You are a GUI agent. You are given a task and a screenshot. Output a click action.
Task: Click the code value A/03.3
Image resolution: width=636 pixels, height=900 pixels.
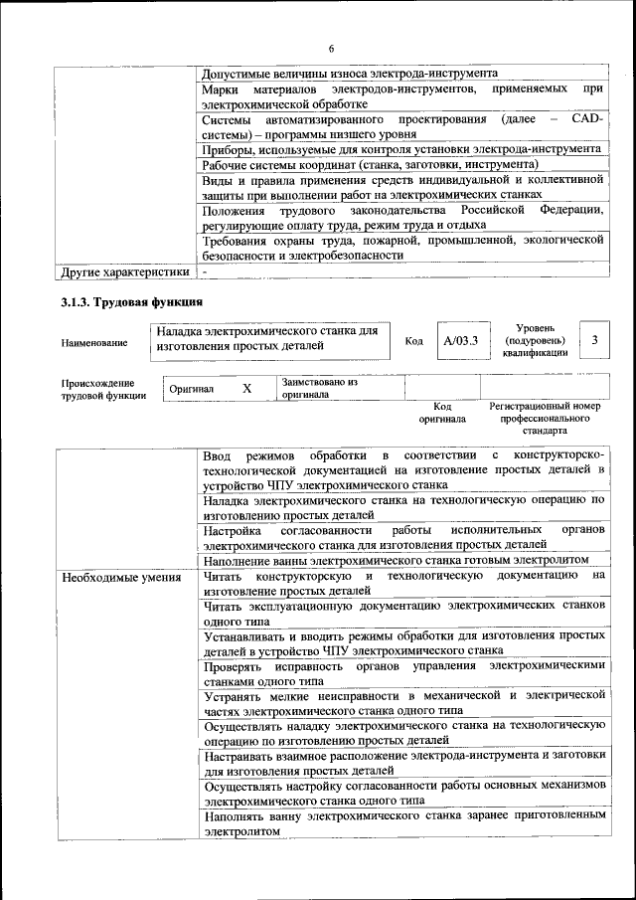point(461,341)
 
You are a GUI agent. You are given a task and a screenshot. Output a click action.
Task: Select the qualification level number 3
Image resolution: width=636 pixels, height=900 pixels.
point(593,341)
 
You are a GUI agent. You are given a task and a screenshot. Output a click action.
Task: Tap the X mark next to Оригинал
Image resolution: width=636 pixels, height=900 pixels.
point(247,388)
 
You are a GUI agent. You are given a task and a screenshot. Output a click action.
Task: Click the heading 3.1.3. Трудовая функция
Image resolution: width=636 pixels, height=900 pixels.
point(132,302)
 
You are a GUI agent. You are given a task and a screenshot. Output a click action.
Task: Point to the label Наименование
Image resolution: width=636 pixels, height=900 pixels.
point(94,343)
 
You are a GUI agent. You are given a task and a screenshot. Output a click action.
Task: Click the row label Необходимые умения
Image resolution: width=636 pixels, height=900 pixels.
point(120,577)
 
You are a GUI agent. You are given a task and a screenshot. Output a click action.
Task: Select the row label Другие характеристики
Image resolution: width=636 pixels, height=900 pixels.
point(124,270)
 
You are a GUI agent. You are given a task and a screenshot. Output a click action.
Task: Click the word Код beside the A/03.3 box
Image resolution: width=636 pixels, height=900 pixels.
point(414,342)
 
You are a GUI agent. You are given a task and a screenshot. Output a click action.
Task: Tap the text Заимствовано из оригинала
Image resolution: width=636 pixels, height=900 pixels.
point(319,387)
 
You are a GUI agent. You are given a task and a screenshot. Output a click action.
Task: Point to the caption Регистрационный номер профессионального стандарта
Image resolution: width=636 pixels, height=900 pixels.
point(546,419)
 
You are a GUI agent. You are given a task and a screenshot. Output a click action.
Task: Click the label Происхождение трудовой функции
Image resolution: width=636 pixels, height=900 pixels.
point(103,389)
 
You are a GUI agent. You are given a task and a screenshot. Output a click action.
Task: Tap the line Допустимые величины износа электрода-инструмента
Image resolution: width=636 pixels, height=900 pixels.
point(350,74)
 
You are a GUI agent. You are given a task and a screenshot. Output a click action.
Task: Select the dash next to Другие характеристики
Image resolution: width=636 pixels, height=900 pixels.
point(204,270)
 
